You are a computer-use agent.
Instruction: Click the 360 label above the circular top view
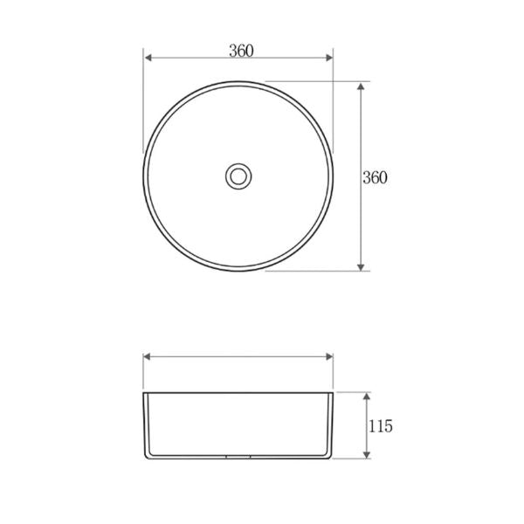pos(241,50)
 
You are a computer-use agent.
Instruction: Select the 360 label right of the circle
pos(375,176)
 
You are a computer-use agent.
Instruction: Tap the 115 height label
pos(381,426)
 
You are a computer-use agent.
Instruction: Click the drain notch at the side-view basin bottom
pos(238,457)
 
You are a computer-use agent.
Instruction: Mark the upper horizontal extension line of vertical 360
pos(314,83)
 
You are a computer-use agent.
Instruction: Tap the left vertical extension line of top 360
pos(143,96)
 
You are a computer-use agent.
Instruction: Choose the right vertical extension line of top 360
pos(334,96)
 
